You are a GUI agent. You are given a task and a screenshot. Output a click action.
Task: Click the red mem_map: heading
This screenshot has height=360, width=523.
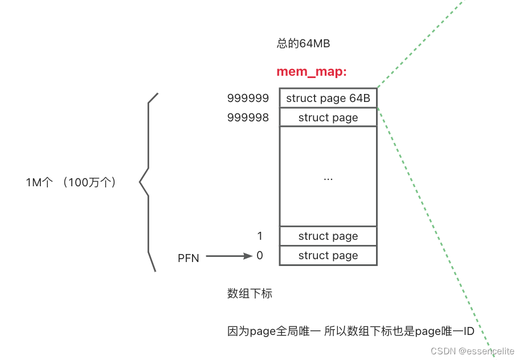(x=311, y=72)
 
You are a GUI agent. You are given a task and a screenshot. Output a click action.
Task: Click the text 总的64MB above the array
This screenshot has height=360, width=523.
(x=303, y=44)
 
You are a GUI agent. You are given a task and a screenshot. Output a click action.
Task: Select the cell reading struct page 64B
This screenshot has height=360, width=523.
(x=328, y=99)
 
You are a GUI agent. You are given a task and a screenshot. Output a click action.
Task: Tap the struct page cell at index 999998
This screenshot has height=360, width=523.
(x=328, y=118)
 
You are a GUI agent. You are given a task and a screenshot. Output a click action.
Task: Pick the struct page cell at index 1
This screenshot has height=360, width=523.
(x=328, y=236)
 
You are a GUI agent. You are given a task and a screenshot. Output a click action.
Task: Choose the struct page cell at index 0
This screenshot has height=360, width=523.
(x=328, y=256)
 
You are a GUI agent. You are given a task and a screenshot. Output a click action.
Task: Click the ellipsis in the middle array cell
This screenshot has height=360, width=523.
(x=328, y=178)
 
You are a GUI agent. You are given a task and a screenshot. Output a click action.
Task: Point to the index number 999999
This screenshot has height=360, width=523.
(x=248, y=99)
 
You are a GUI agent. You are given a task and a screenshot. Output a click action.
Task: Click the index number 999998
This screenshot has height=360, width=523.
(x=248, y=118)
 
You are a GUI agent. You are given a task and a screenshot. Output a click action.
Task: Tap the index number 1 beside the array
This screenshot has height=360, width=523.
(x=260, y=236)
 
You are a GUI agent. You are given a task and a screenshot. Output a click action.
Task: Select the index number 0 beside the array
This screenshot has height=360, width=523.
(x=260, y=256)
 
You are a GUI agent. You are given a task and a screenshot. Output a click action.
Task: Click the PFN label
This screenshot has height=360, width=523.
(x=189, y=258)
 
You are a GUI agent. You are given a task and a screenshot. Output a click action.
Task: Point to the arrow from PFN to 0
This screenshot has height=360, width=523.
(x=228, y=256)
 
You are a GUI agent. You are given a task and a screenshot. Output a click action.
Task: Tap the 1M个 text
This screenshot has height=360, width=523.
(x=39, y=183)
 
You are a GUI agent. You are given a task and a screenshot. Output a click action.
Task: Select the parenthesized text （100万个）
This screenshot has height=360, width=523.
(x=90, y=183)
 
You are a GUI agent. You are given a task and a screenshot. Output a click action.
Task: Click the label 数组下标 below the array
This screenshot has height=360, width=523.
(x=250, y=294)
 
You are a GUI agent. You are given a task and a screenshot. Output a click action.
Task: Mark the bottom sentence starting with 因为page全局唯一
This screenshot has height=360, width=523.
(x=351, y=332)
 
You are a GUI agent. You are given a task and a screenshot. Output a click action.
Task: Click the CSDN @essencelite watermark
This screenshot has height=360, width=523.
(x=472, y=351)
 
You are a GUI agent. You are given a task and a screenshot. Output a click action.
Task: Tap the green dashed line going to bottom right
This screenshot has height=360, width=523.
(x=433, y=228)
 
